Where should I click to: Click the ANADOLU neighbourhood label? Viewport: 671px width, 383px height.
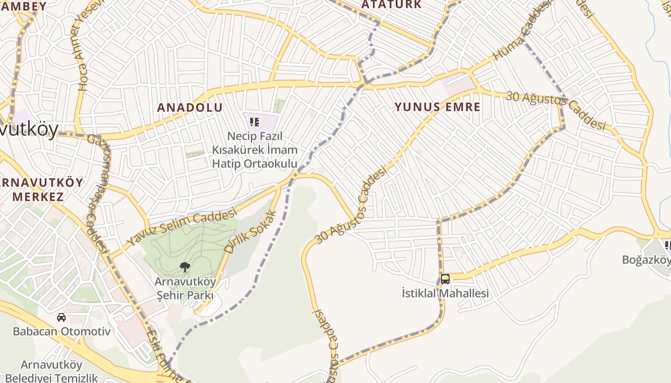coord(190,107)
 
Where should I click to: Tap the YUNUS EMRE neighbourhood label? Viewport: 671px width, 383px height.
coord(437,106)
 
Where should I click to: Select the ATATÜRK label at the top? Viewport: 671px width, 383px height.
coord(391,5)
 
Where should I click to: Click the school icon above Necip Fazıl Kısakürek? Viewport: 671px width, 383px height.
coord(255,122)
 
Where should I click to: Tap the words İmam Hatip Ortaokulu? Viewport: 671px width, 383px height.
coord(255,157)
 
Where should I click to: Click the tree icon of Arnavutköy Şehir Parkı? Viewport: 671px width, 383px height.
coord(185,267)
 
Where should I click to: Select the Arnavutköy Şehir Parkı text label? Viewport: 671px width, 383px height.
coord(185,288)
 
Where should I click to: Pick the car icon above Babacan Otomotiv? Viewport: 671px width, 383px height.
coord(61,317)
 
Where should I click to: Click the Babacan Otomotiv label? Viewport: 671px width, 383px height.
coord(61,331)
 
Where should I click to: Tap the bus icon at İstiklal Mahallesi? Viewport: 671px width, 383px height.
coord(445,279)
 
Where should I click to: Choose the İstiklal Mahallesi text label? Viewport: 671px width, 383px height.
coord(445,293)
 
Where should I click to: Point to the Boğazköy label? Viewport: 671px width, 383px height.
coord(646,259)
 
